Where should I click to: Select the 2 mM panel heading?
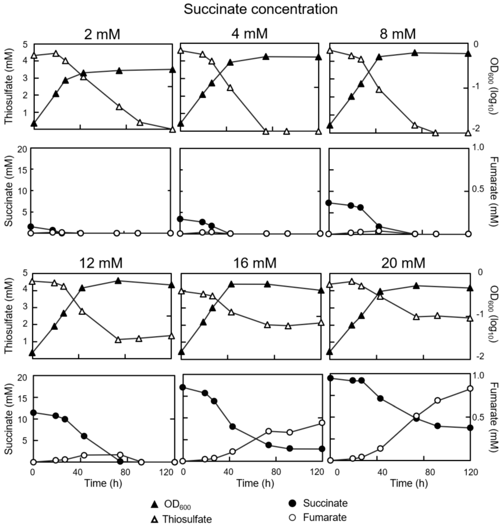[x=102, y=34]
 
